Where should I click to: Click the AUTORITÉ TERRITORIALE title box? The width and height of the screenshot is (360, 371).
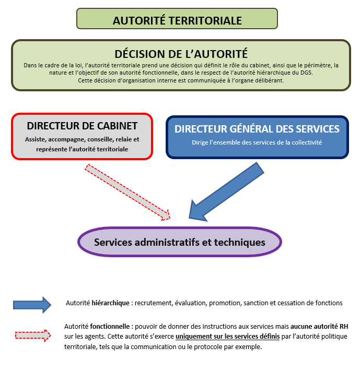coord(177,20)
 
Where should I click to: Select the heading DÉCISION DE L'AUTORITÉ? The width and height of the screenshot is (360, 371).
coord(181,53)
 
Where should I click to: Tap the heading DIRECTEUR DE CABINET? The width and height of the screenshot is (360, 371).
coord(82,126)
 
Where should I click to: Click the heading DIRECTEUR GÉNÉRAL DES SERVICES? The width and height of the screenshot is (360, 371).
coord(257,128)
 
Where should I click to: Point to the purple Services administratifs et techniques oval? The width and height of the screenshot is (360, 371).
coord(179,242)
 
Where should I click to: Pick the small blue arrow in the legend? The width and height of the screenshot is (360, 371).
coord(32,305)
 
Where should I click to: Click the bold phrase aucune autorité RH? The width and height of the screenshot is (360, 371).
coord(319,326)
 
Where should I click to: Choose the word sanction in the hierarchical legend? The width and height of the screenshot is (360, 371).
coord(269,303)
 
